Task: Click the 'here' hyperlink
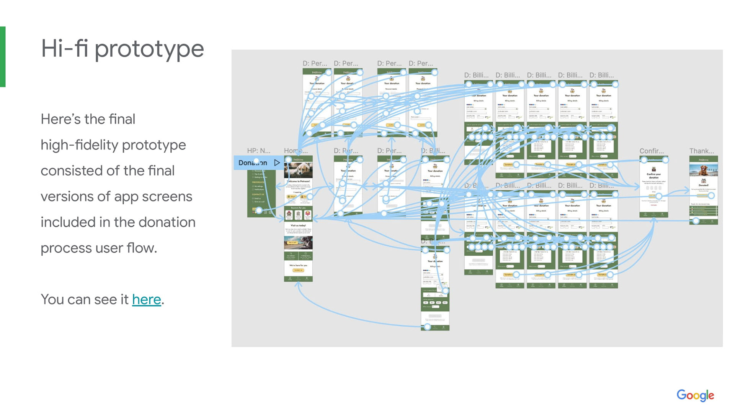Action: pos(146,299)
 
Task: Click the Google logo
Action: pos(695,395)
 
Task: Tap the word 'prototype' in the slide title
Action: pos(149,49)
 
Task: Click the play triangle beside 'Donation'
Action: pos(277,163)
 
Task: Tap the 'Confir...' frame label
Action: pos(651,151)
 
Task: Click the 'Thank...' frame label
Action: pos(701,151)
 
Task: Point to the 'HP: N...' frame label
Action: pos(258,151)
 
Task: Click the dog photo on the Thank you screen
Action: pos(703,169)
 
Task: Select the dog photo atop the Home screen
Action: pos(298,170)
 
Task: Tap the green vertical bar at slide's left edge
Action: pos(3,57)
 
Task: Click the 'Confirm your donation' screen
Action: pos(653,186)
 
